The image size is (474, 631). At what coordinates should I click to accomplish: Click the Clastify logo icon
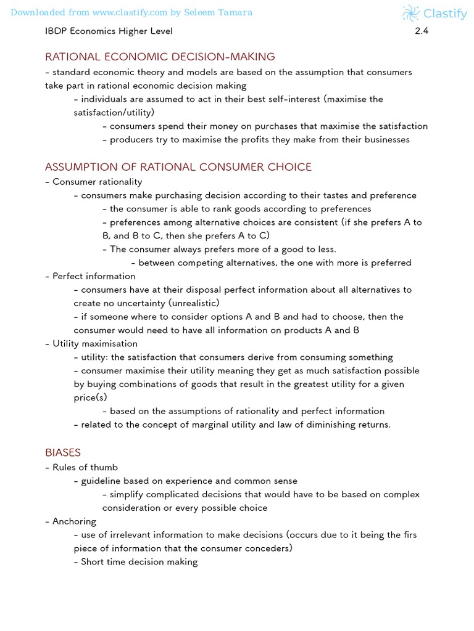pos(410,13)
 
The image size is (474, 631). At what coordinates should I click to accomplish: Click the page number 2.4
pos(422,31)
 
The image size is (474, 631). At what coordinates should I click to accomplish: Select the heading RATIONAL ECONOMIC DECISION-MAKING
pos(160,57)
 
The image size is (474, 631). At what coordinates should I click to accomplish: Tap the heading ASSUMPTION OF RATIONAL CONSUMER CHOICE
pos(178,167)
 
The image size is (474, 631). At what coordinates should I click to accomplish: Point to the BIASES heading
pos(63,452)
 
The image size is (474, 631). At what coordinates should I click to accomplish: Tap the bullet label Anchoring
pos(74,521)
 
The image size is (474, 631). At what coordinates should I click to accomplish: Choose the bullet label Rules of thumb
pos(85,467)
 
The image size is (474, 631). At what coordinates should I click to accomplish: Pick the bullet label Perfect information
pos(94,276)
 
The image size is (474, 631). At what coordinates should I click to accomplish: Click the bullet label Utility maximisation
pos(95,344)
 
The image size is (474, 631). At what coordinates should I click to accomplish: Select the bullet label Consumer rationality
pos(97,182)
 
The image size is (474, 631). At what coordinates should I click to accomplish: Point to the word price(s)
pos(90,397)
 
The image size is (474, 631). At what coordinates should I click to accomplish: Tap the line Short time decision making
pos(139,561)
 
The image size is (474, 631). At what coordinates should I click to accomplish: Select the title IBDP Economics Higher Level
pos(109,31)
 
